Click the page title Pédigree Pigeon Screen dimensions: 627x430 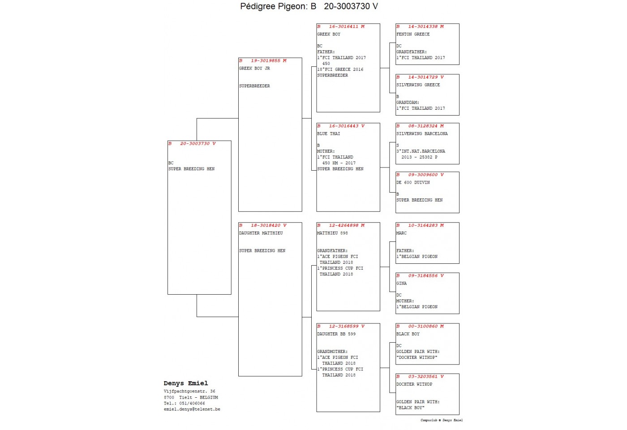[274, 6]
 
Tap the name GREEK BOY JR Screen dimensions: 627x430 [254, 68]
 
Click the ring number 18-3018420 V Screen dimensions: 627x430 [268, 225]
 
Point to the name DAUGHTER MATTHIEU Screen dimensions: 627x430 [261, 233]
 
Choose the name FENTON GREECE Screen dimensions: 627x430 [413, 34]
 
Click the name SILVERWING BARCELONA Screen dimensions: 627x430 [422, 133]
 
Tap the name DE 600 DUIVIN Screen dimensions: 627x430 [413, 183]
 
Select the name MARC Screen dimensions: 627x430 [401, 233]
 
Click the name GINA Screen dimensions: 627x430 [401, 283]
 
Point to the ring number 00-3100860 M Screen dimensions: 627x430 [426, 326]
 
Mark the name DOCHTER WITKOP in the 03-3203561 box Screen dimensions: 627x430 [414, 384]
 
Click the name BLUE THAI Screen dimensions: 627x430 [329, 133]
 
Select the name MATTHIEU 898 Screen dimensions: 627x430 [332, 233]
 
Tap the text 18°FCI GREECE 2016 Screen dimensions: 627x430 [340, 69]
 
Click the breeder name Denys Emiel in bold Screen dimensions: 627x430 [186, 383]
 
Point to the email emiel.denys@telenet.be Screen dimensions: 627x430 [192, 409]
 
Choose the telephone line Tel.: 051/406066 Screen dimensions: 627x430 [185, 404]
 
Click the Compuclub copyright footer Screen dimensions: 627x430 [442, 420]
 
